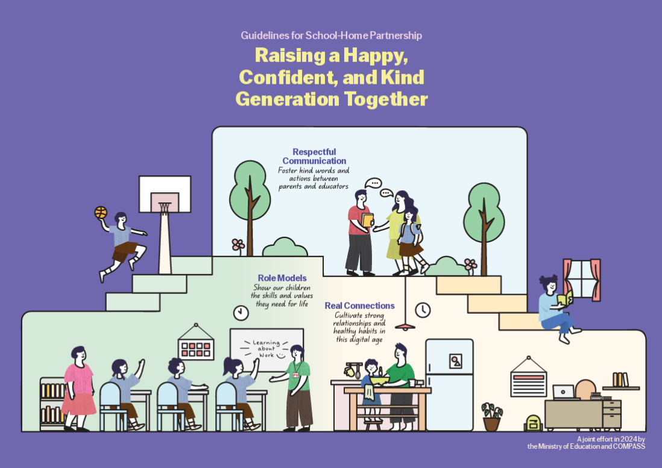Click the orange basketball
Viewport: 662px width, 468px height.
[101, 213]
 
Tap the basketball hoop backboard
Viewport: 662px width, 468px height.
[165, 193]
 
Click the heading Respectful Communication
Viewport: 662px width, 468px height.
[314, 157]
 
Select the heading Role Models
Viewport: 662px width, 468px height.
[282, 278]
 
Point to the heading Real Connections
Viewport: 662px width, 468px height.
[359, 306]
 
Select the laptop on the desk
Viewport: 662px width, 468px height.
[563, 392]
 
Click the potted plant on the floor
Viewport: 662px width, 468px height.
[491, 416]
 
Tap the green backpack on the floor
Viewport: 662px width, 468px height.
[533, 423]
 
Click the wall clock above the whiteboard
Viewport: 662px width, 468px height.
[241, 313]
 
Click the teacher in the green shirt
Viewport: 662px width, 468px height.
[297, 385]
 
